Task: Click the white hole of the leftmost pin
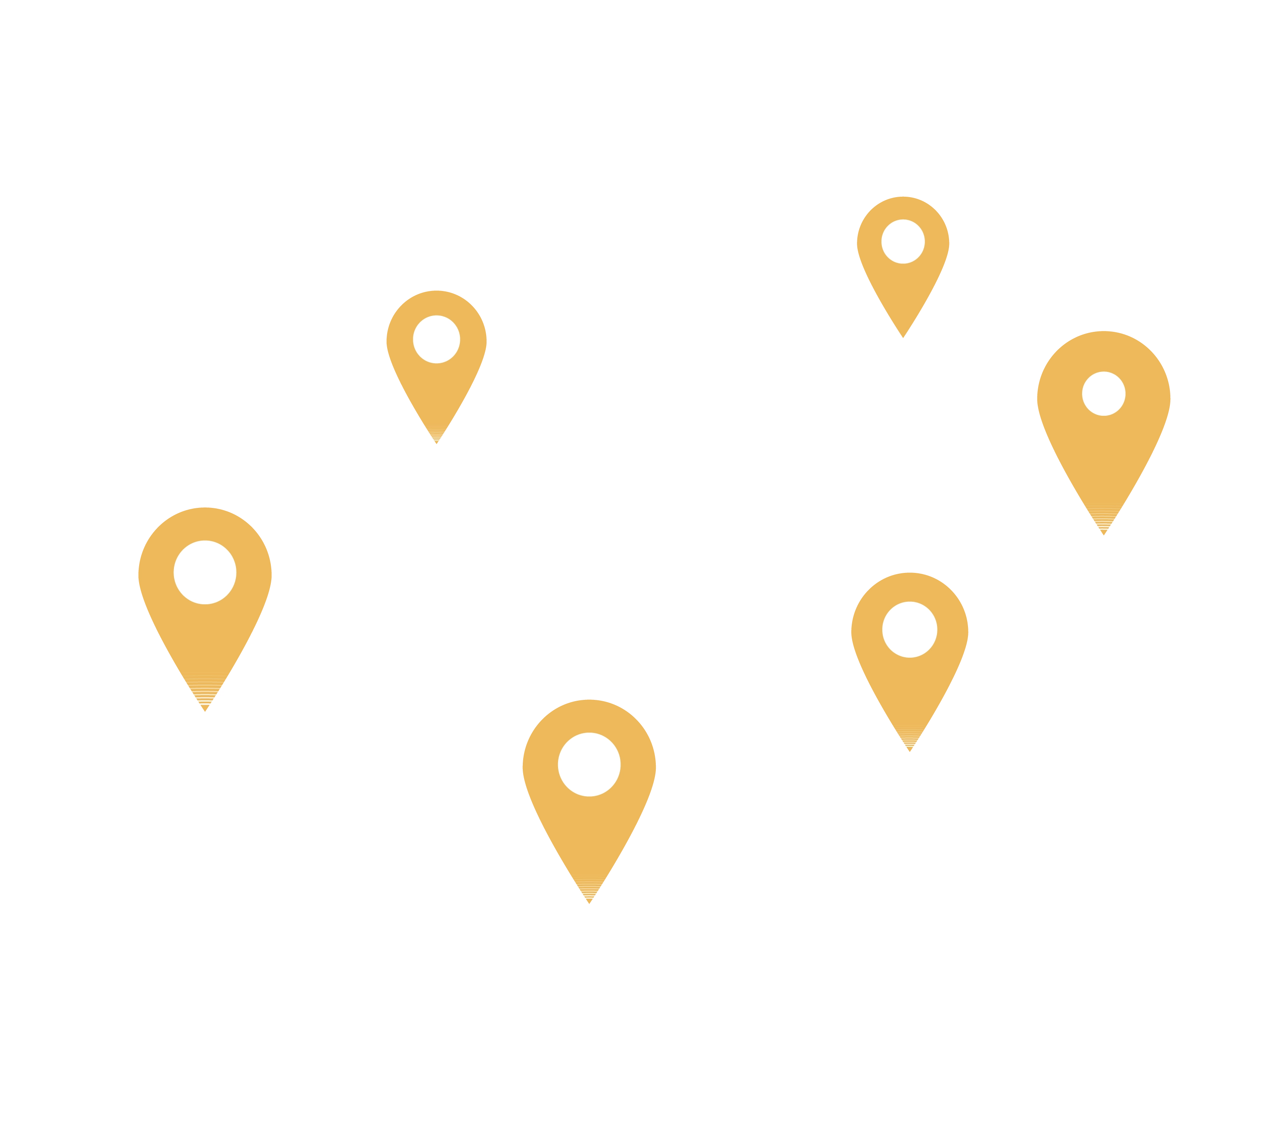205,572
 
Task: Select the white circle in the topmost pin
903,241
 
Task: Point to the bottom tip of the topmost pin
903,337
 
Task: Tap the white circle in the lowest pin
589,764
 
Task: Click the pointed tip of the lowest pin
589,902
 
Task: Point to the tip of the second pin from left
437,442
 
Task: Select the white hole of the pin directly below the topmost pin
909,629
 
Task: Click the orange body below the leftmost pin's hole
205,642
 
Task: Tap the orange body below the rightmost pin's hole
1104,461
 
